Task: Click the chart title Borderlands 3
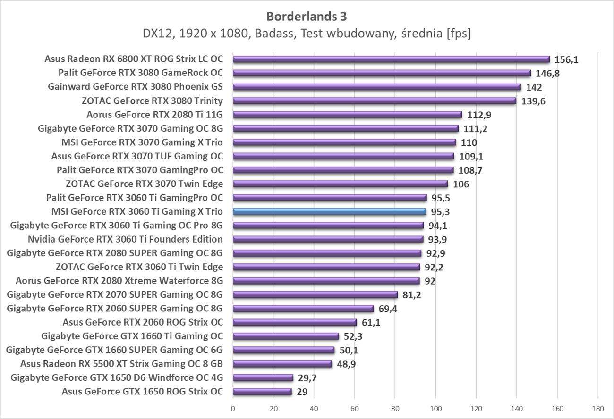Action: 307,17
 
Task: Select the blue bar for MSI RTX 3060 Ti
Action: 330,212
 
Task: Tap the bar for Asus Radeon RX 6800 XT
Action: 391,59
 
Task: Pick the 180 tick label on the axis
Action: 597,408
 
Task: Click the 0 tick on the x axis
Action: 233,408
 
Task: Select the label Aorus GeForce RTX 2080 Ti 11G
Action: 154,115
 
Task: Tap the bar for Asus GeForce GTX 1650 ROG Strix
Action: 262,392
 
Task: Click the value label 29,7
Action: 307,378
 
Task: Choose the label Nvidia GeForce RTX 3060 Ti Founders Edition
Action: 125,239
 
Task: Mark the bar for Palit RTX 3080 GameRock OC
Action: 382,73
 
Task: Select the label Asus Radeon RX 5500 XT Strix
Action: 121,364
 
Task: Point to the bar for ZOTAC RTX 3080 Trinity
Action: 375,101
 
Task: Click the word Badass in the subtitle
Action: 295,34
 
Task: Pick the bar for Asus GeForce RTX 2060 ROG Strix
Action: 295,323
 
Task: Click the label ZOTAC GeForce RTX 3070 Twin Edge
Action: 145,184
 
